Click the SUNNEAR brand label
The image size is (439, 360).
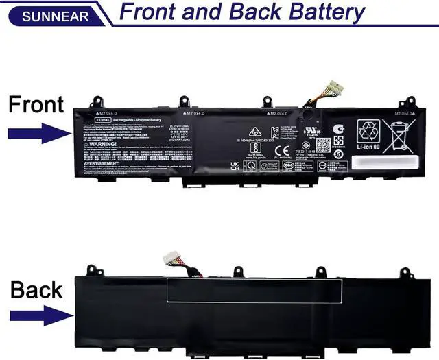point(46,15)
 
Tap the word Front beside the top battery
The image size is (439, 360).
point(36,105)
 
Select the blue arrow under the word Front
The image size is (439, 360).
point(36,132)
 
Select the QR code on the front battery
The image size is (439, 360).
point(323,145)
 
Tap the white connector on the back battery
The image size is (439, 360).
point(171,259)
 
